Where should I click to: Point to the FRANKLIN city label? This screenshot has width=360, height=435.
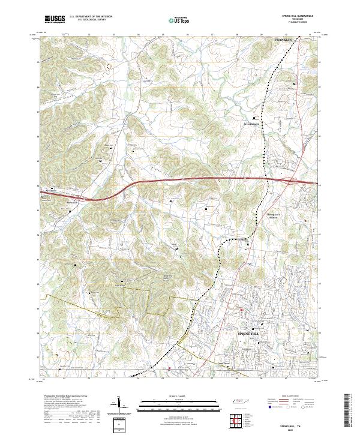[283, 39]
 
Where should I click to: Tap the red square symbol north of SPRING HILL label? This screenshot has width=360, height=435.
[241, 310]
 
